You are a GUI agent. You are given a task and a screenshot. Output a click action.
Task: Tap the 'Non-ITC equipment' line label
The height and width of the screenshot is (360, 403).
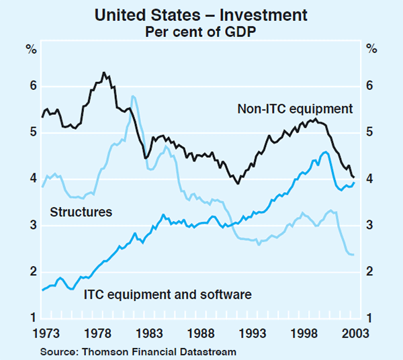295,108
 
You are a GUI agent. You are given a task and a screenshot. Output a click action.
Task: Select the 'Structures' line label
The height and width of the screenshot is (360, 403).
81,212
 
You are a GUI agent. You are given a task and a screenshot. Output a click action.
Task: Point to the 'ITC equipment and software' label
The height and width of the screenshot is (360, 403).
167,294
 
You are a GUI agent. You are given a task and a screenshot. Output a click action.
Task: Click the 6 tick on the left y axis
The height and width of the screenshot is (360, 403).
31,86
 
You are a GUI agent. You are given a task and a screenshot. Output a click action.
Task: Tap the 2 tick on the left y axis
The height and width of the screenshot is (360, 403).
31,272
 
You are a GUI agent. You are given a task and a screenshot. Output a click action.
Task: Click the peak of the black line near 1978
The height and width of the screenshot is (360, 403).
103,73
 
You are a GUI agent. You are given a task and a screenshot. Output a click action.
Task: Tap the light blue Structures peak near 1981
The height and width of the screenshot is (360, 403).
133,96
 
